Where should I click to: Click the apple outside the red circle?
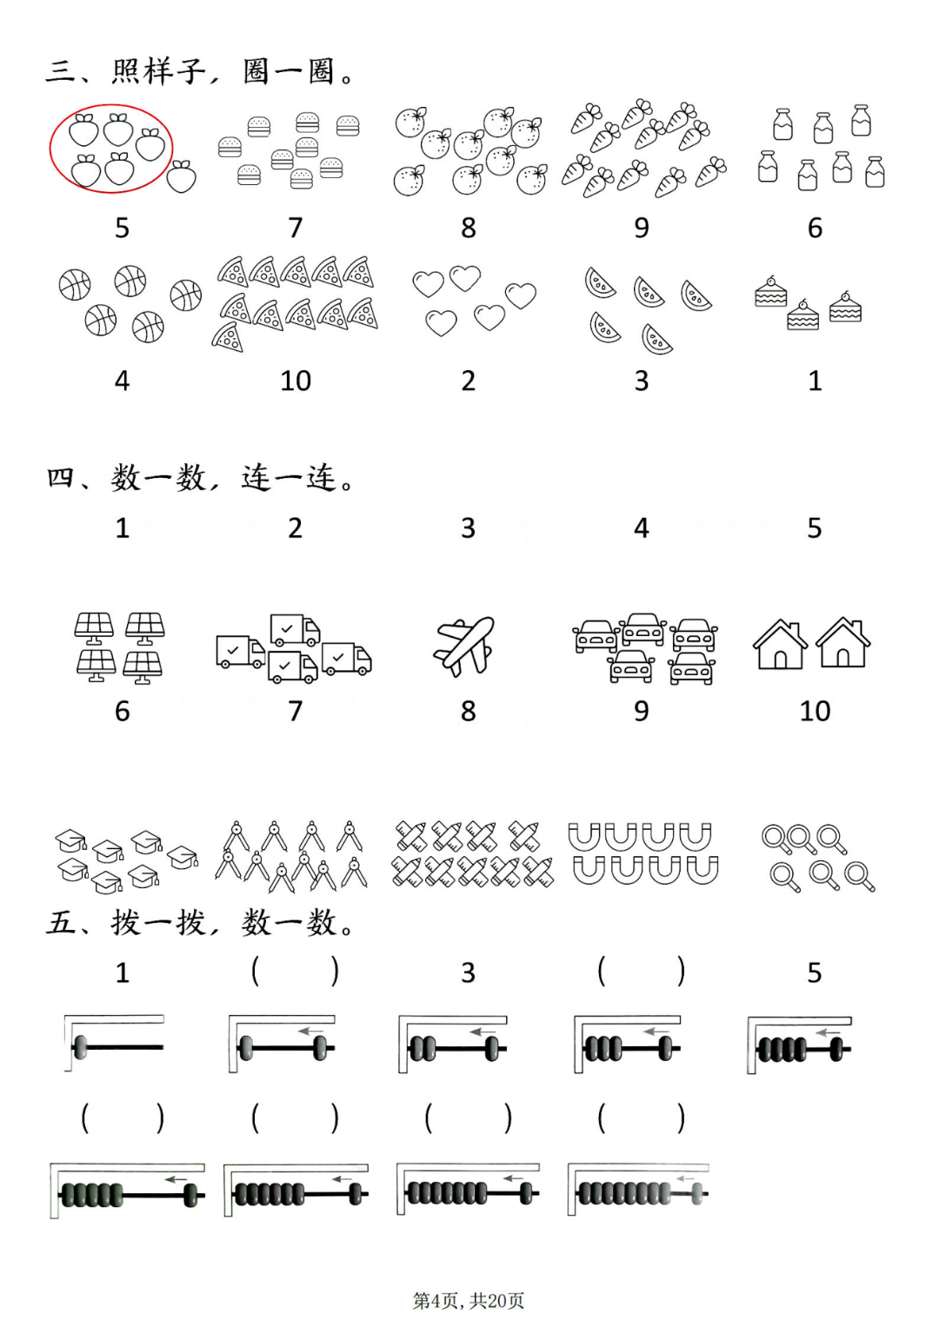click(x=181, y=176)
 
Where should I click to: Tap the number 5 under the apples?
click(x=122, y=228)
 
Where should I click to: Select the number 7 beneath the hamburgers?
click(x=296, y=228)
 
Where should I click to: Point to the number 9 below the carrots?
click(x=642, y=228)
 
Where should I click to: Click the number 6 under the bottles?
click(x=815, y=228)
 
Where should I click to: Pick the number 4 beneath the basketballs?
click(x=122, y=381)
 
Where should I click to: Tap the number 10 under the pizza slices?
click(x=296, y=381)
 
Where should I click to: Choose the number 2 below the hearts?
click(x=469, y=381)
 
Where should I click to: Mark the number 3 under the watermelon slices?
click(x=642, y=381)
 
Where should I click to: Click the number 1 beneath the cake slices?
click(x=815, y=381)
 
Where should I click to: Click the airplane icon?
click(x=464, y=647)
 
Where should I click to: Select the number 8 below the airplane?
click(x=469, y=711)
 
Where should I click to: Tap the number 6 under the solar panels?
click(x=122, y=711)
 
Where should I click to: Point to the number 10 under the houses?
click(x=815, y=711)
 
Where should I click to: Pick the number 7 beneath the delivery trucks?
click(x=296, y=711)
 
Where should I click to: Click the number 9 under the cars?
click(x=642, y=711)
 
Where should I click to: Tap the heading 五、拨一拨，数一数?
click(x=201, y=923)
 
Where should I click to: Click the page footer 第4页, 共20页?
click(x=469, y=1301)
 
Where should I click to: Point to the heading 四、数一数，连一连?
click(x=201, y=478)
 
